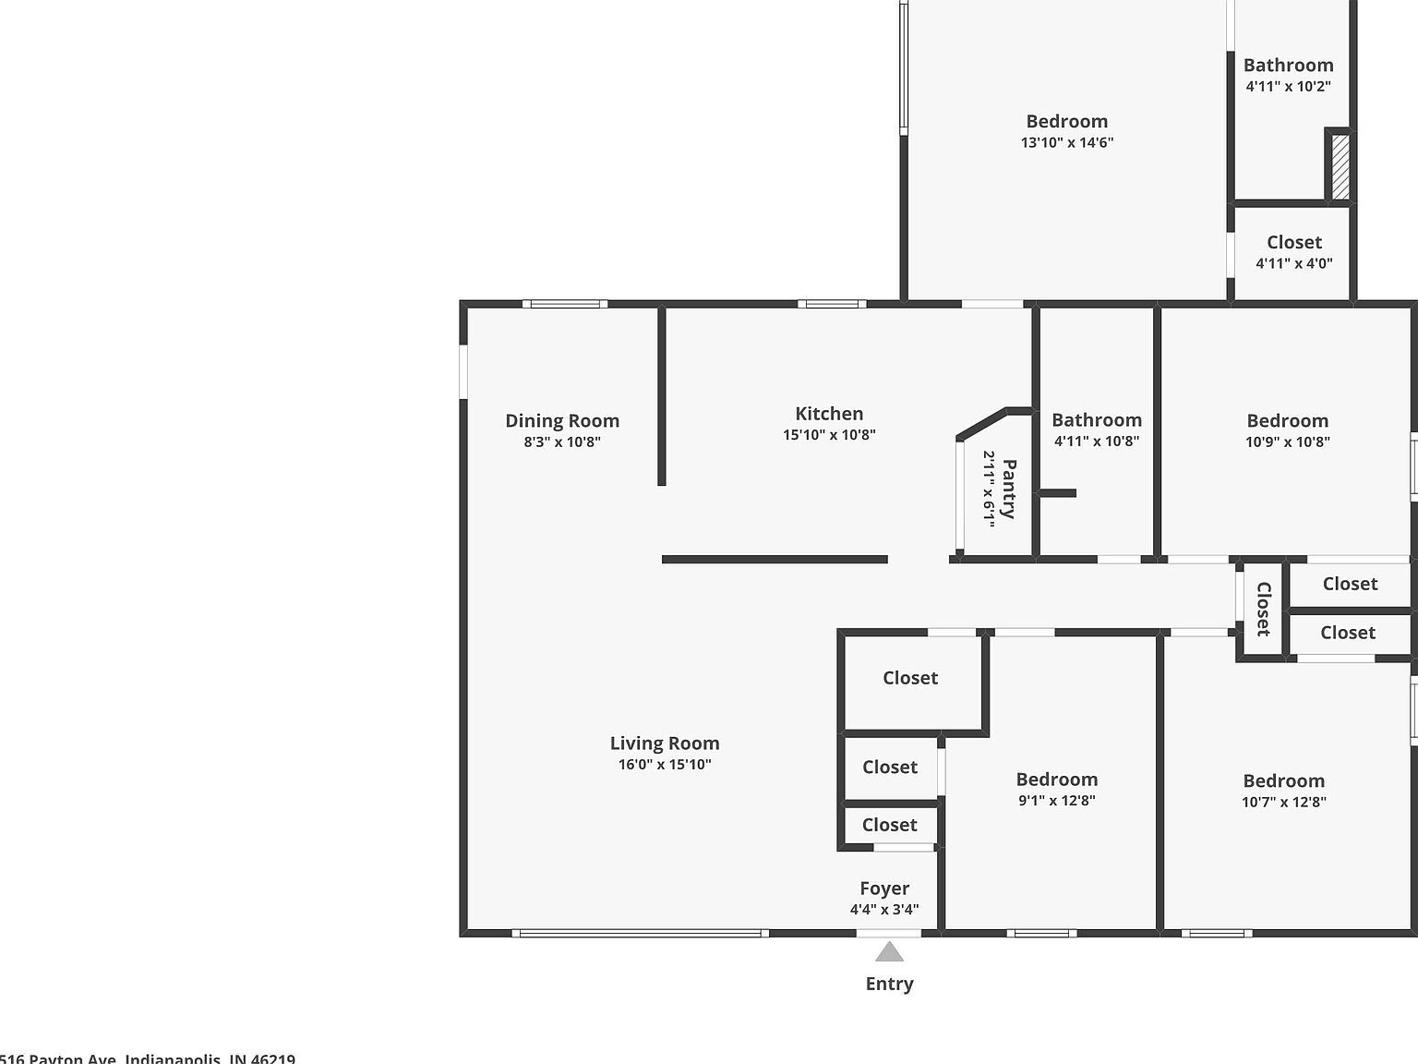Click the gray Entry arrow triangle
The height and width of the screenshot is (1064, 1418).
click(889, 952)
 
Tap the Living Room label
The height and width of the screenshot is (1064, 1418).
click(664, 744)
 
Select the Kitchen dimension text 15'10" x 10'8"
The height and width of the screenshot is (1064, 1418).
click(829, 435)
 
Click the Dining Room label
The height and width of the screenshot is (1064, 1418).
click(561, 421)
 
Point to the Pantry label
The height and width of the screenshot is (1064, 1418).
click(1008, 489)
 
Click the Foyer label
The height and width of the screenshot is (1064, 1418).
click(883, 889)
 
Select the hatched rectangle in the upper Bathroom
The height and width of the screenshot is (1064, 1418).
click(1340, 166)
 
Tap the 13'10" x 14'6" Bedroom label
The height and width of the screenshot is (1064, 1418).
click(1066, 122)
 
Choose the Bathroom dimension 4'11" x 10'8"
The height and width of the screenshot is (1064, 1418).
click(1096, 441)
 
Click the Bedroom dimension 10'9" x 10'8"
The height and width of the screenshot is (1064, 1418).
click(1287, 442)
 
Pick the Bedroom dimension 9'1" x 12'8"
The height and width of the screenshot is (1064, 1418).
click(1056, 801)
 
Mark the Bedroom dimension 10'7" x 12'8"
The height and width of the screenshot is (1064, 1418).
click(1283, 803)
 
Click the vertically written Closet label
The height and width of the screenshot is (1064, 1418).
click(1262, 609)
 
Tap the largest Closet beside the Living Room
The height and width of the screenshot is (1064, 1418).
click(910, 679)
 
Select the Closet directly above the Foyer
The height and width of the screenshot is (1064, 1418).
click(889, 825)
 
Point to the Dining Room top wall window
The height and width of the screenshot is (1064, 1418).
click(564, 304)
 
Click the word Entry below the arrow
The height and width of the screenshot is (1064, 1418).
click(889, 985)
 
